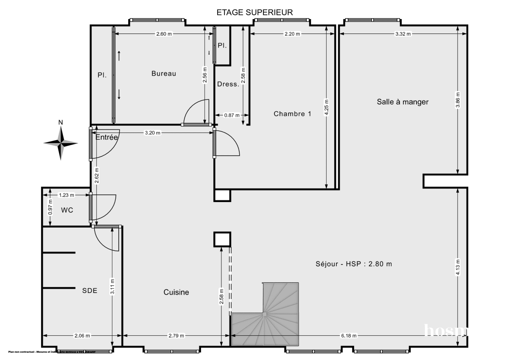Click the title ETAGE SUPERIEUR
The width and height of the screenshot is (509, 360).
pos(255,12)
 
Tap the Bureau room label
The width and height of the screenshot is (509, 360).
pos(164,73)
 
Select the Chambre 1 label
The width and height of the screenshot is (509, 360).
pos(292,114)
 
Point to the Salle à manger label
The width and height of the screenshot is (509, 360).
pos(403,102)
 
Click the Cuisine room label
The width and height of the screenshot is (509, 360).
pos(176,292)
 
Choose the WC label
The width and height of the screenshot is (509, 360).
pos(67,210)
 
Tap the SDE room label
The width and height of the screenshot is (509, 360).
pos(89,291)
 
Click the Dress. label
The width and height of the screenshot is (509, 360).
pos(228,84)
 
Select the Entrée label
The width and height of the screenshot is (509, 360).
pos(106,137)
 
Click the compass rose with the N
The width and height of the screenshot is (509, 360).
pos(61,143)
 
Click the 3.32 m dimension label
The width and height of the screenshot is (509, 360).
pos(403,34)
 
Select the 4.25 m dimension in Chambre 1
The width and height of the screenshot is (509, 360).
pos(327,107)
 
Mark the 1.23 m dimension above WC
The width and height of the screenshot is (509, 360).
pos(66,195)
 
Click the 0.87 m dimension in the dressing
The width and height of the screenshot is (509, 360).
pos(231,115)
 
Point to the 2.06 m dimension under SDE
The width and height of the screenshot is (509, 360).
pos(82,335)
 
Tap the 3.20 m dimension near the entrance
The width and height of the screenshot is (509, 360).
pos(153,133)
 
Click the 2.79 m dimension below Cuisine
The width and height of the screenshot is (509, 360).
pos(176,335)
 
